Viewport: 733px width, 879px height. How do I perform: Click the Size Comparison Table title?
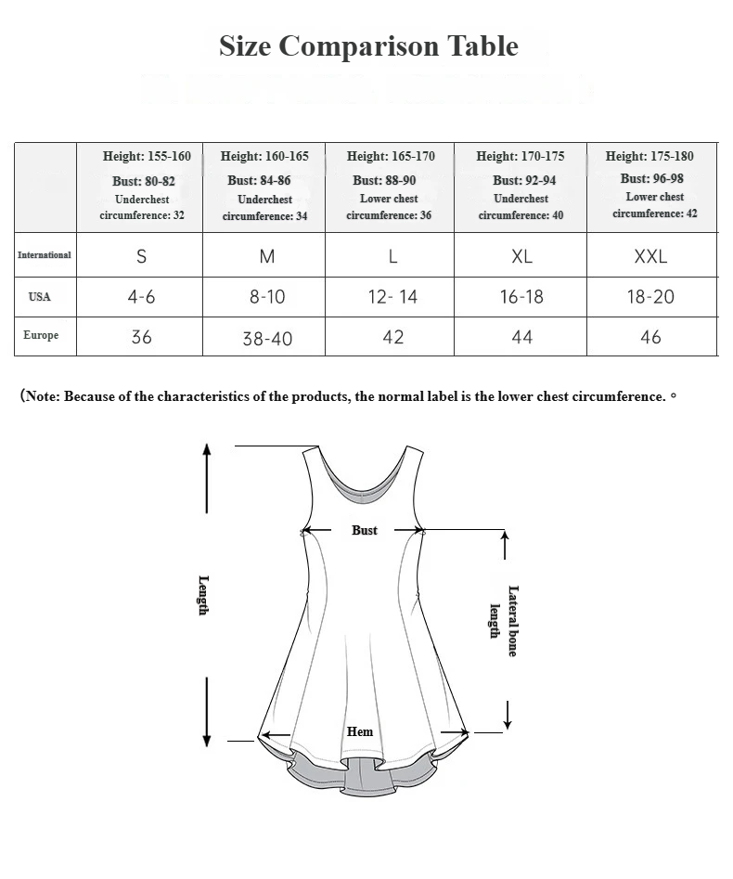click(368, 45)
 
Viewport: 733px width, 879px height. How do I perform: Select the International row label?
click(44, 255)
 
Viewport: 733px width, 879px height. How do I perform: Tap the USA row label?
click(40, 297)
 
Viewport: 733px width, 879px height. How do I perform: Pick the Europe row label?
click(41, 335)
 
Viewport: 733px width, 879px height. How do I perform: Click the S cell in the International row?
click(141, 257)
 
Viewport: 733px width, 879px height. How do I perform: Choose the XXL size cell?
click(650, 257)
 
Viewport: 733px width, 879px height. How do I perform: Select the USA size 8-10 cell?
click(267, 297)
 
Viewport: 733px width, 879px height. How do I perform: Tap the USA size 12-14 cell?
click(393, 297)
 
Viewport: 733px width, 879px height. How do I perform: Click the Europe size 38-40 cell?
click(267, 339)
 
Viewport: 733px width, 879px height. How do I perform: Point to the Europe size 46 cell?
click(650, 337)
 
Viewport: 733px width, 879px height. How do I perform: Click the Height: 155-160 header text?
click(147, 156)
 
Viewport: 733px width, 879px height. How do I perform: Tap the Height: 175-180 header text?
click(649, 156)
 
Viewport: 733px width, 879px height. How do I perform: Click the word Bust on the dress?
click(365, 530)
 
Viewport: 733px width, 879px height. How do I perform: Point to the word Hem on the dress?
click(360, 731)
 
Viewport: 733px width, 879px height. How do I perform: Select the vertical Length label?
click(203, 595)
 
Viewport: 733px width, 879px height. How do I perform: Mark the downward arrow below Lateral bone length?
click(508, 712)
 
